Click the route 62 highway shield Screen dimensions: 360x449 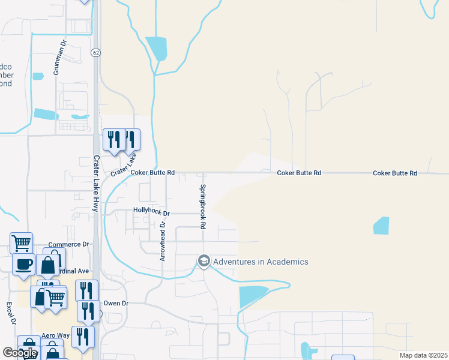96,53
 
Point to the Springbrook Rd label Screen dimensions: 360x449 203,206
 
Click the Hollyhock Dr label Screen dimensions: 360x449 151,213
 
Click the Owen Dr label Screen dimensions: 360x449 116,304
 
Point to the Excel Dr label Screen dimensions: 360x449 10,313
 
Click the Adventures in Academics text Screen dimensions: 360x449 261,262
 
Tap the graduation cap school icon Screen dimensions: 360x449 203,261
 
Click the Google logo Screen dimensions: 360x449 20,353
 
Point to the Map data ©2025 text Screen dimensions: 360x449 423,355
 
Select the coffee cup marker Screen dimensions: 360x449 24,264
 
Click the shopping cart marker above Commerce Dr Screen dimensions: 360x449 21,243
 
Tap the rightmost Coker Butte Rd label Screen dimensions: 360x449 395,173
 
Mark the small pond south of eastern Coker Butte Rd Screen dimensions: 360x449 381,226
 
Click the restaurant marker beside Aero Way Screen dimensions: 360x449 83,336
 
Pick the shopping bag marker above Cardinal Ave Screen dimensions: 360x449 47,265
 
